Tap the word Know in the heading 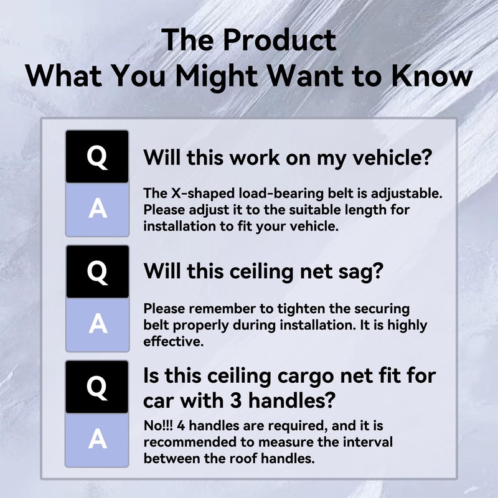429,77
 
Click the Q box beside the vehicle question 97,156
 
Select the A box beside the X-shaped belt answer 97,210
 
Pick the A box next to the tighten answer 97,324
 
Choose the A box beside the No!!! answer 97,439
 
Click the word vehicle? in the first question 390,157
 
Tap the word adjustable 407,193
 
